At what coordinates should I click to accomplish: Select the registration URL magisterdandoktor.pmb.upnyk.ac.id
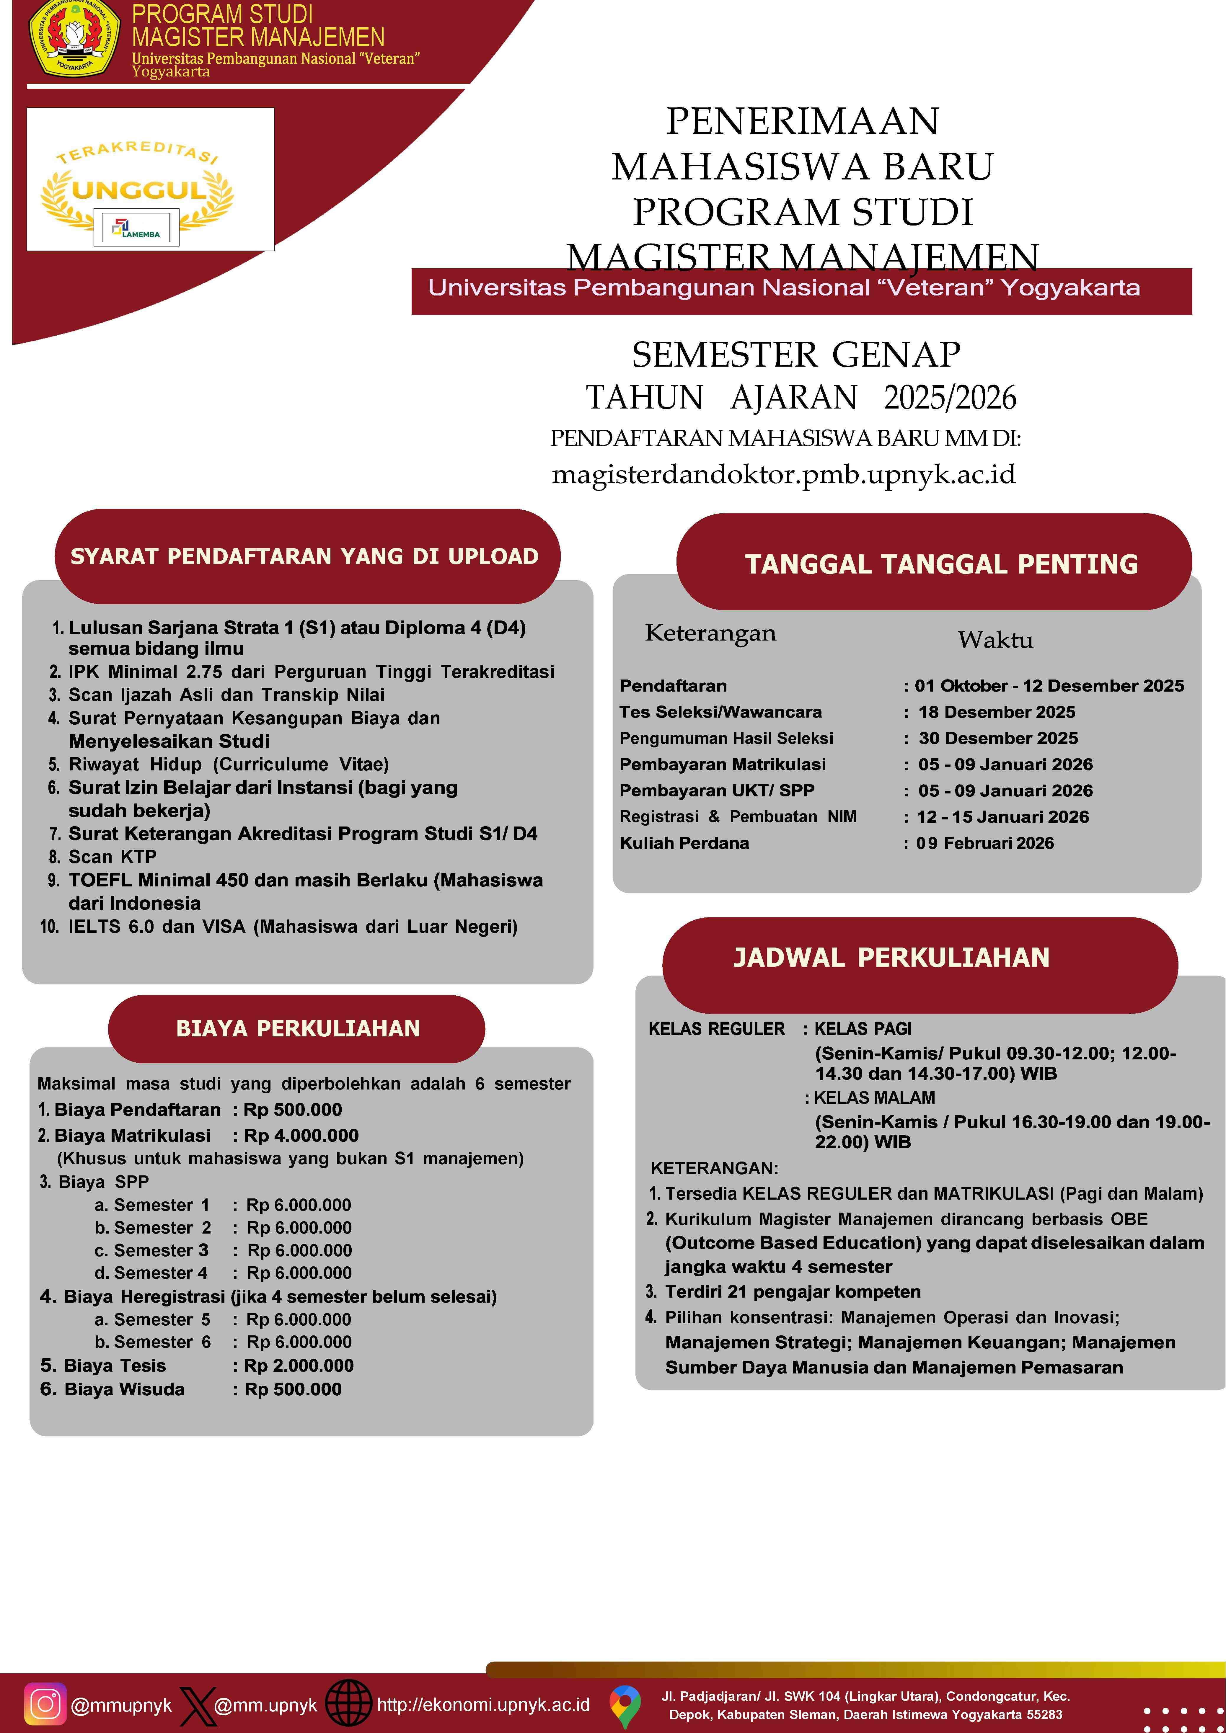tap(784, 475)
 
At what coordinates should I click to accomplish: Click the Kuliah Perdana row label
tap(684, 843)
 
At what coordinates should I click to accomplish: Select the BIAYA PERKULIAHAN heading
tap(297, 1028)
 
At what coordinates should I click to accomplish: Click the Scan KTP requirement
tap(113, 857)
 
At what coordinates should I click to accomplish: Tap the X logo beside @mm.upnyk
tap(197, 1705)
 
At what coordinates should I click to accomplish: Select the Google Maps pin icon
tap(624, 1705)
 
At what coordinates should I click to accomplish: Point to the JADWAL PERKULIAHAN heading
tap(891, 957)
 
